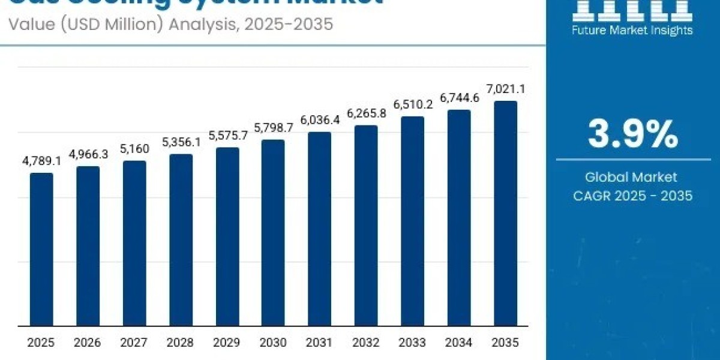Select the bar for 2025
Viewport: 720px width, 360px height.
(41, 249)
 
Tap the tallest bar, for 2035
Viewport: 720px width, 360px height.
(505, 213)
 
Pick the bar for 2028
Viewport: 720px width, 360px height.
(181, 240)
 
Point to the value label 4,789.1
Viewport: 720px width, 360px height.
(41, 162)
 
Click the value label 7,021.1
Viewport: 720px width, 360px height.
(505, 90)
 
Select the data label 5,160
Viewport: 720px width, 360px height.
(134, 149)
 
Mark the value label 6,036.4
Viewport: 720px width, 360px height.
(320, 120)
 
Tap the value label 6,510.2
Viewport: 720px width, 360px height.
(413, 105)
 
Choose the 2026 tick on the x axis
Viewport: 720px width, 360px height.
(88, 343)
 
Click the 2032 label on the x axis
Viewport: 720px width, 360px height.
(366, 343)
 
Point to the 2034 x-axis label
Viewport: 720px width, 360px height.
(459, 343)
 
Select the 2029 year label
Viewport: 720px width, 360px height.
(227, 343)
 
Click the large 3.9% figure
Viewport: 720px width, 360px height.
(632, 134)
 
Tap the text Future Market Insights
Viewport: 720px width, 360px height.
(632, 30)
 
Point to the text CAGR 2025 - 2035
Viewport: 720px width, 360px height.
(632, 196)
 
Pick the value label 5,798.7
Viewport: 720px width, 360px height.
(273, 128)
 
